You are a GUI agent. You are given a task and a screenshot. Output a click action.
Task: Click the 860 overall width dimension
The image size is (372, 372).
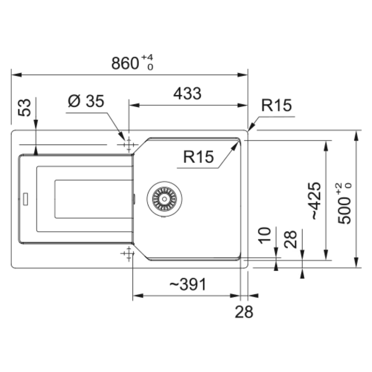tap(125, 63)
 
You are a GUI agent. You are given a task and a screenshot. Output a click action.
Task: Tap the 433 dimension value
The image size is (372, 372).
tap(187, 93)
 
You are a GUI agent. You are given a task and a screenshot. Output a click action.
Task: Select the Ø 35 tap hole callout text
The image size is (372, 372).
tap(86, 101)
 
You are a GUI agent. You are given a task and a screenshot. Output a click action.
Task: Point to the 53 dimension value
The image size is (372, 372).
tap(25, 107)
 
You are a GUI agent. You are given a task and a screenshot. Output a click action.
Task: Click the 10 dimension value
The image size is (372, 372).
tap(265, 235)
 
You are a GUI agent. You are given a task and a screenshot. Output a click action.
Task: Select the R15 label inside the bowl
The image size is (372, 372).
tap(199, 157)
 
